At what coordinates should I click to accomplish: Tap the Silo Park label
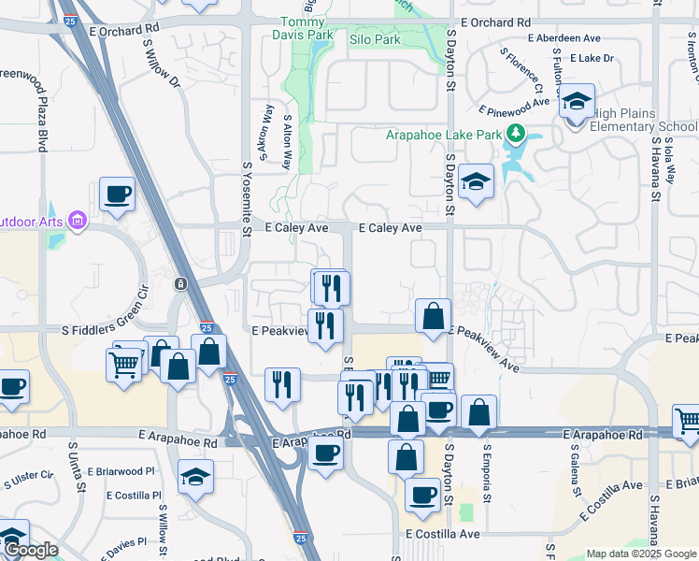point(374,40)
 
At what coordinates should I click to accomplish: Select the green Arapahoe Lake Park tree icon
point(514,134)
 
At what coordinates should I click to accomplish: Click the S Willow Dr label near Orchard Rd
point(162,64)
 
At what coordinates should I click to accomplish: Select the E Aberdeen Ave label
point(563,38)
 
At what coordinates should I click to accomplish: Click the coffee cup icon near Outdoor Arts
point(118,194)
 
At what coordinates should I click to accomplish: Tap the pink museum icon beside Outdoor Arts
point(77,222)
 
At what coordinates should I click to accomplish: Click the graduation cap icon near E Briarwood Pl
point(195,476)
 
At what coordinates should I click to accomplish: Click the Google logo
point(31,550)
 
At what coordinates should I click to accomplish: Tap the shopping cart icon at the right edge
point(687,421)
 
